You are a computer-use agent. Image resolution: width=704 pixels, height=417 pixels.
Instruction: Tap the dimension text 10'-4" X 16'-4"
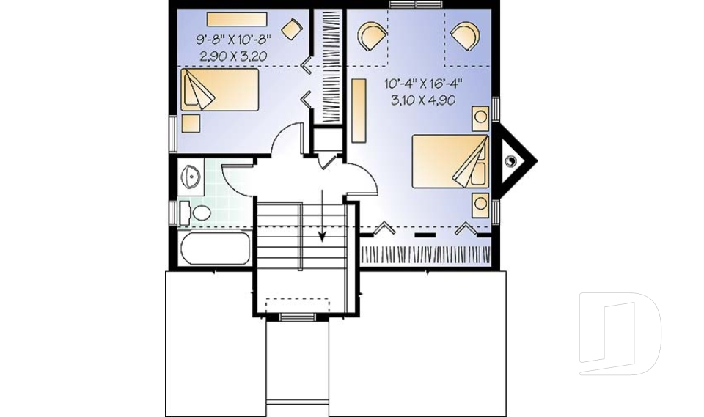click(x=422, y=84)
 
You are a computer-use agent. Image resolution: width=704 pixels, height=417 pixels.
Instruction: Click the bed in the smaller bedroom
click(x=219, y=90)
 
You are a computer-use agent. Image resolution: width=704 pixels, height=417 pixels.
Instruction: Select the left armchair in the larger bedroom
click(x=371, y=36)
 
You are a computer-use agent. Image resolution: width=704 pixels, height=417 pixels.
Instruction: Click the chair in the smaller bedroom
click(x=293, y=29)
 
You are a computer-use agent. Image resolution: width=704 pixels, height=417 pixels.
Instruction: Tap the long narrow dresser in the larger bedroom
click(x=359, y=111)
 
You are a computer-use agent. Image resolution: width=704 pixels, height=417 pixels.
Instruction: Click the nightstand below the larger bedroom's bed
click(x=480, y=204)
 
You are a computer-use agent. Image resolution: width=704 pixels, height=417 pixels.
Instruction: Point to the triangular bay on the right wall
click(x=516, y=160)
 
